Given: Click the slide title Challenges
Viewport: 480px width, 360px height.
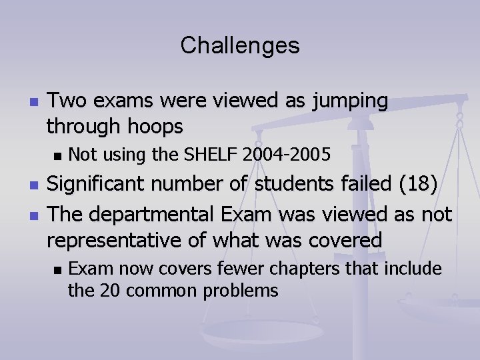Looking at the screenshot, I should (x=240, y=46).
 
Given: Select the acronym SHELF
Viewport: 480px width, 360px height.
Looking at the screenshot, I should (x=209, y=155).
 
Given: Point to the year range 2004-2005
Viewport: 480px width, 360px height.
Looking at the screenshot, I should (x=287, y=155).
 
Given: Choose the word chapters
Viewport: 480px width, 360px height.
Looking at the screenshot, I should (x=313, y=269).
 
